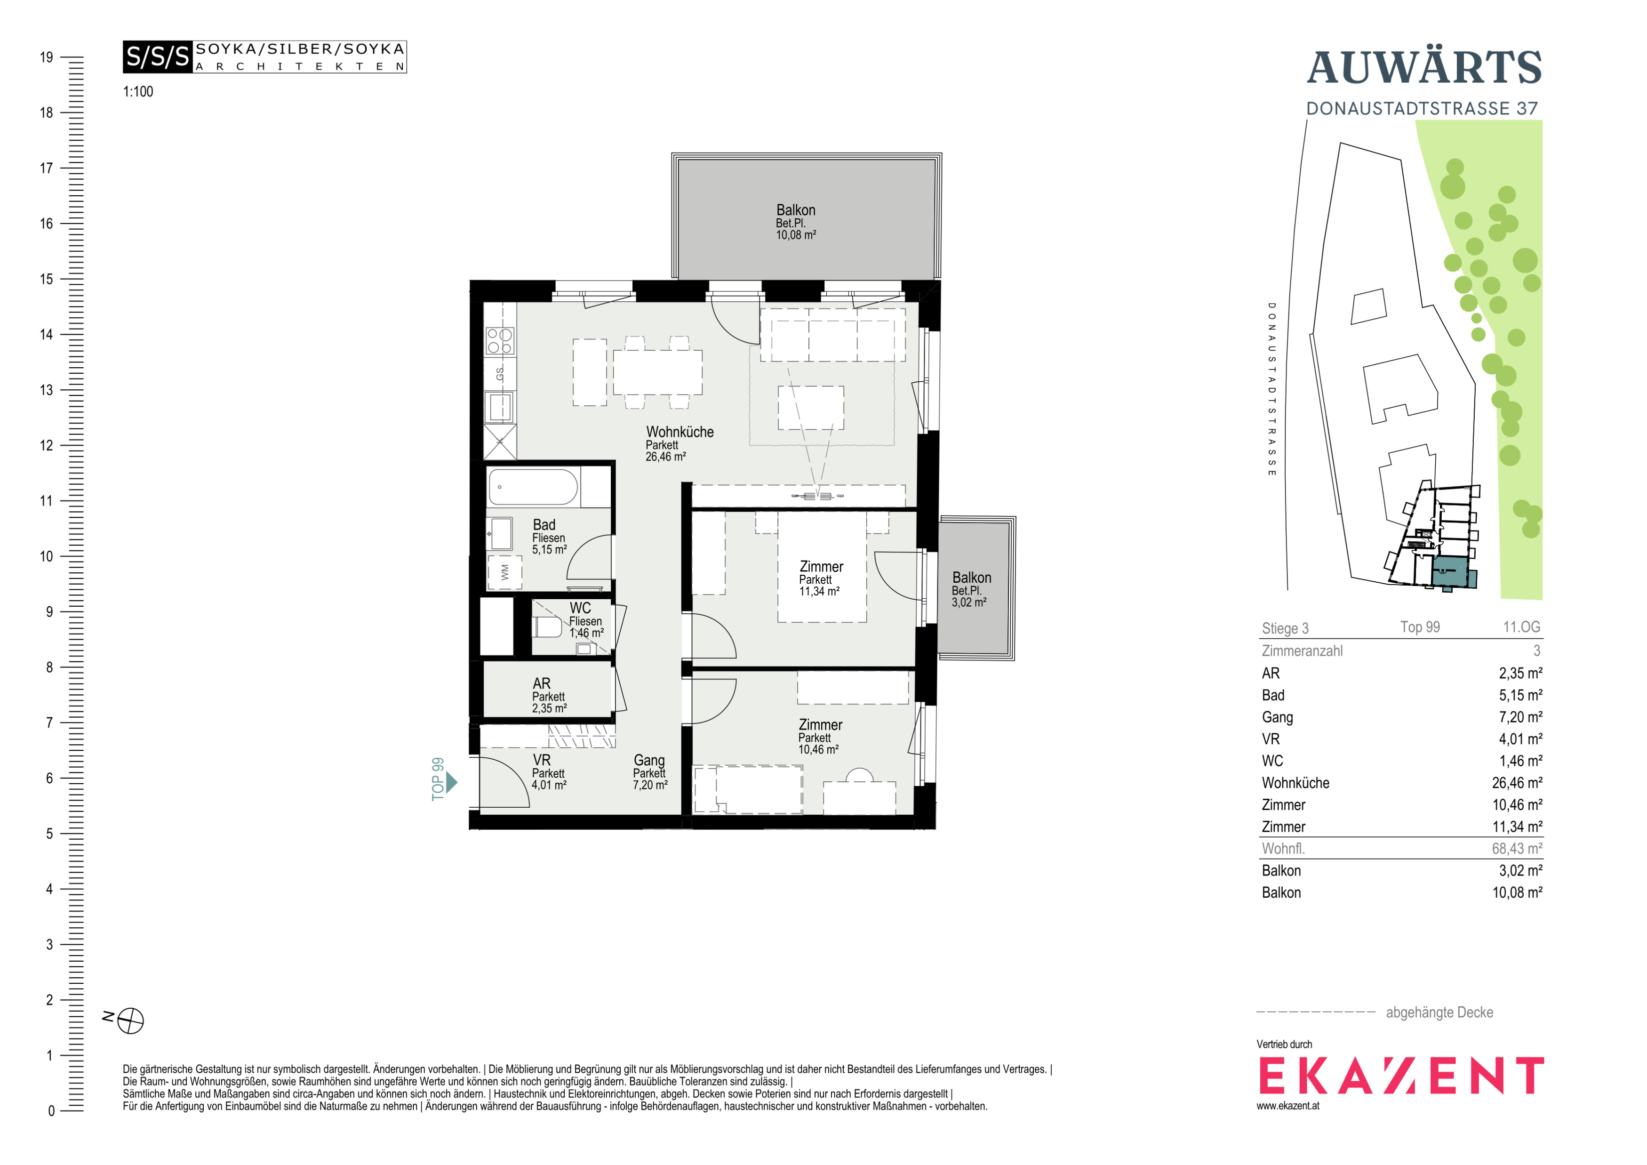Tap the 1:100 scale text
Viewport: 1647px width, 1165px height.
(138, 92)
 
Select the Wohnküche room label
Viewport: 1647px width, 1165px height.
(680, 432)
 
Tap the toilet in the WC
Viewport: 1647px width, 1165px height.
(547, 627)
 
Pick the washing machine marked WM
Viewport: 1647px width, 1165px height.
(504, 572)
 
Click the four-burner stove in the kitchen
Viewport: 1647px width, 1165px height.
(500, 341)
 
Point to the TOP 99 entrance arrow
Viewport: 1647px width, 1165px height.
(451, 782)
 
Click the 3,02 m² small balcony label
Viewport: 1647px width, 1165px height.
(968, 603)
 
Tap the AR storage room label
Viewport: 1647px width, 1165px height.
(542, 683)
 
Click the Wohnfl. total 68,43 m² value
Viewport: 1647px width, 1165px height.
(1517, 849)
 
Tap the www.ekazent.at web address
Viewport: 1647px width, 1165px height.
(1287, 1106)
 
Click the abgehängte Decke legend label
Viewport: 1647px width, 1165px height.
(1439, 1012)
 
